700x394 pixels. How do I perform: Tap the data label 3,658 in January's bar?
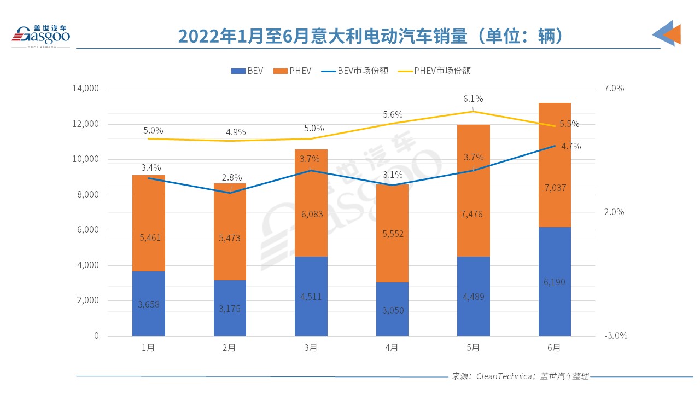coord(149,304)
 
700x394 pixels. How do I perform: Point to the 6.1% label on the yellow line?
coord(473,99)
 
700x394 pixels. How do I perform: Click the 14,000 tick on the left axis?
coord(85,89)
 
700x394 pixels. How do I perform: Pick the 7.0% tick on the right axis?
coord(614,89)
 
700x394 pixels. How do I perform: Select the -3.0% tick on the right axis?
coord(615,336)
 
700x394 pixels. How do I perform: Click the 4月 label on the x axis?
coord(392,348)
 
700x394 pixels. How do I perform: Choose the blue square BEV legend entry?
coord(247,71)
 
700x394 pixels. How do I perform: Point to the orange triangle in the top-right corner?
coord(672,34)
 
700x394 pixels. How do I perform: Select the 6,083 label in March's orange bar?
coord(311,214)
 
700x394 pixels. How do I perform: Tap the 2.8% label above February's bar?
coord(230,178)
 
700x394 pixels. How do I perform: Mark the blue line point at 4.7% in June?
coord(555,146)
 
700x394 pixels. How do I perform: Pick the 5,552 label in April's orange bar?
coord(392,234)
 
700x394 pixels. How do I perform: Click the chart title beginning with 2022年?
coord(370,36)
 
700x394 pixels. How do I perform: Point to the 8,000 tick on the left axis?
coord(87,195)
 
